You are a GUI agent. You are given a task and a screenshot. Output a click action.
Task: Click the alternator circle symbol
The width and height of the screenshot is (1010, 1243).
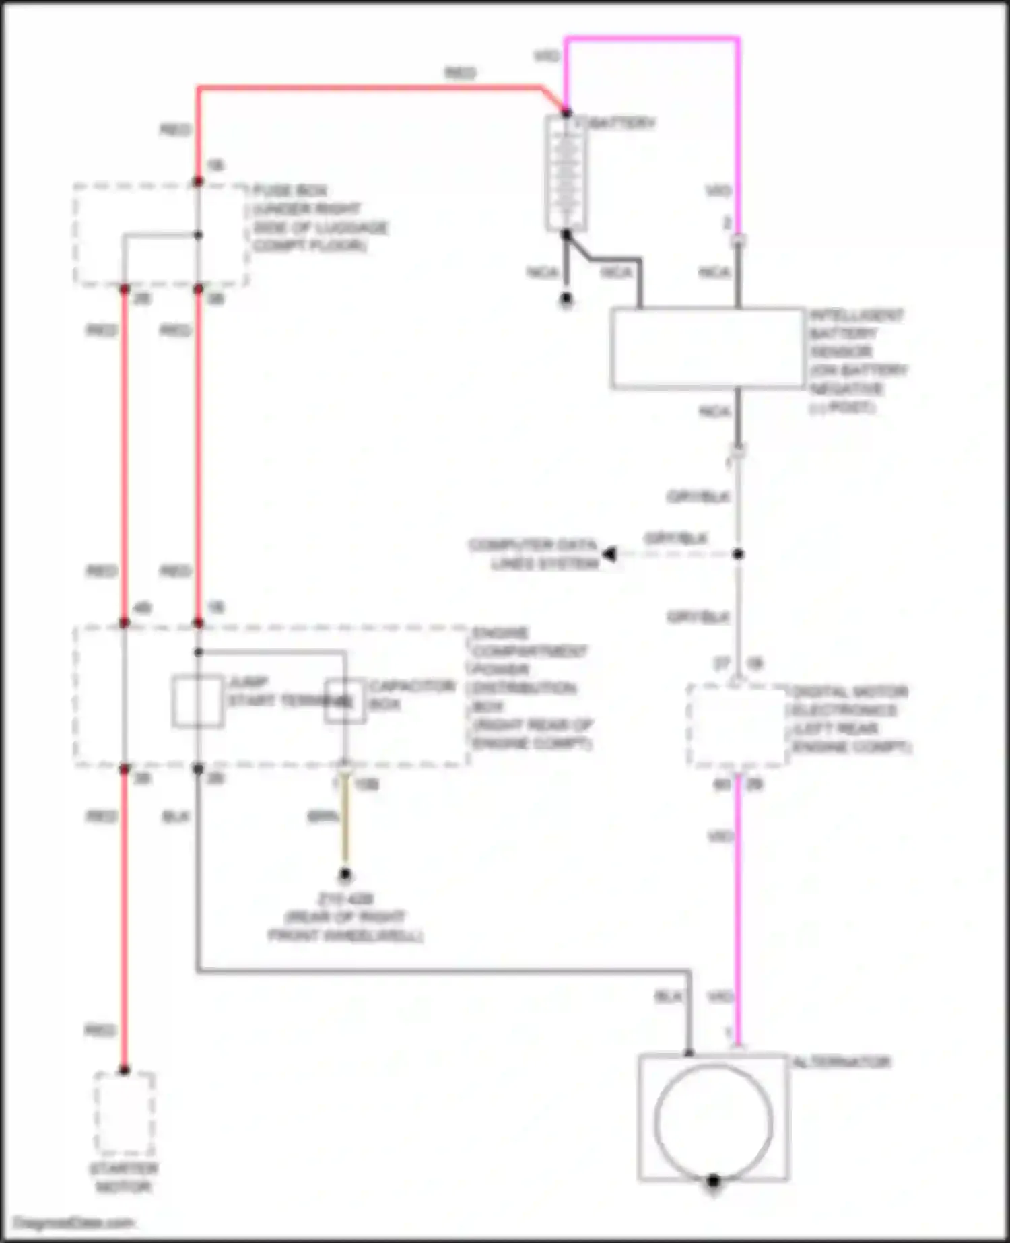(x=713, y=1121)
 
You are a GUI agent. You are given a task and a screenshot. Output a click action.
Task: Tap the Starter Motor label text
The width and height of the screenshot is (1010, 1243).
(x=124, y=1178)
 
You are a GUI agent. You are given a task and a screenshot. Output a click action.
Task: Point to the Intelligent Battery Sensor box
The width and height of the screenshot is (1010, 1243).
(x=707, y=348)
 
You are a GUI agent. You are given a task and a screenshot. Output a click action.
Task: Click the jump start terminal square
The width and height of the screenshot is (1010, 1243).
(x=197, y=701)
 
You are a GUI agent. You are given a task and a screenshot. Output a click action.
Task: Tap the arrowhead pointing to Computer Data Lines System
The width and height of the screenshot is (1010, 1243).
(x=609, y=554)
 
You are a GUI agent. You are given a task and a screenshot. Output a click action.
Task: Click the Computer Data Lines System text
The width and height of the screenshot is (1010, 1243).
(x=533, y=553)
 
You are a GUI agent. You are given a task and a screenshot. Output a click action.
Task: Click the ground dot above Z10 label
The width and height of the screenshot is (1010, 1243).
(x=345, y=875)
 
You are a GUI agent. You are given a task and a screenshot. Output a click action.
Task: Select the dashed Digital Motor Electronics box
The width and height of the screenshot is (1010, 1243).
(x=737, y=726)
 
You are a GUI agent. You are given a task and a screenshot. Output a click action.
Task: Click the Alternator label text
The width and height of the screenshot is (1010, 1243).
(x=841, y=1063)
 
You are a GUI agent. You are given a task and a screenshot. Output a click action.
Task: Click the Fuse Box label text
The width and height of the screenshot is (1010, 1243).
(x=290, y=191)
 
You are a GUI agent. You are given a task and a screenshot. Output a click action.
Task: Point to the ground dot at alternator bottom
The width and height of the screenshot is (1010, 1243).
(x=713, y=1180)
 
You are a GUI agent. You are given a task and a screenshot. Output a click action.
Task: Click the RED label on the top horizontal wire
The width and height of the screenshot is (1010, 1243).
(x=460, y=73)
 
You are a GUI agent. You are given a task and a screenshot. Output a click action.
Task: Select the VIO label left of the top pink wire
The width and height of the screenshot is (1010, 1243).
(x=546, y=56)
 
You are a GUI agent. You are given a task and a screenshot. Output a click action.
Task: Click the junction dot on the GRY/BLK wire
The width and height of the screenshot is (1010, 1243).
(x=738, y=554)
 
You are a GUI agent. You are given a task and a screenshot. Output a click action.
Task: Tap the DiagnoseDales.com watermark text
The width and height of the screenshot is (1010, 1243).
(x=74, y=1223)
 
